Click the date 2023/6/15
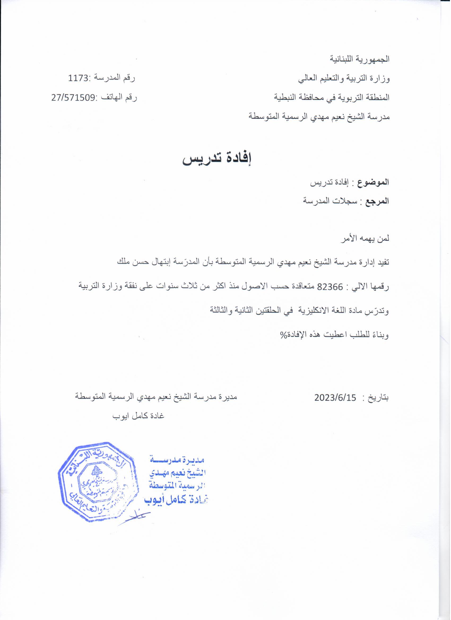[335, 398]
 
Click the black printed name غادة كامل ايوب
[138, 416]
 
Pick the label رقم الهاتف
[120, 98]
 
